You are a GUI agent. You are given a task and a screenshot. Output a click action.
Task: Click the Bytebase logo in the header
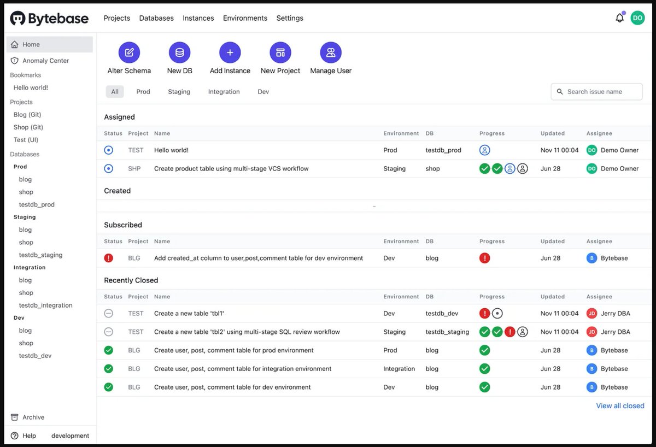(49, 19)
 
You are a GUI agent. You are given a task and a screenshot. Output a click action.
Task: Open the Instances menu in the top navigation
(198, 18)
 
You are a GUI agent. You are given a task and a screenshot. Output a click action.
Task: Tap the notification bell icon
(619, 18)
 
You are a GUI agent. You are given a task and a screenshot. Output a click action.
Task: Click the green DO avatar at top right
(637, 18)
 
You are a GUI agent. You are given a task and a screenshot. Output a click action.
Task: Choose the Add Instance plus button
(230, 52)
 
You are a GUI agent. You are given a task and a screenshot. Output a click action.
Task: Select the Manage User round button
(330, 52)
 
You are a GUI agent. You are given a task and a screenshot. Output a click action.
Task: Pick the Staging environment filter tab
(179, 92)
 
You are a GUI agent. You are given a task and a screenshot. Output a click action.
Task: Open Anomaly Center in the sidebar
(45, 61)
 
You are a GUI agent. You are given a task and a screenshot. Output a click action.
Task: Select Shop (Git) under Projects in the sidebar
(28, 127)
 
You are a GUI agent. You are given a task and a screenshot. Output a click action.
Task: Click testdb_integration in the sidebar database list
(45, 305)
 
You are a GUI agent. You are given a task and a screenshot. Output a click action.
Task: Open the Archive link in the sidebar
(33, 417)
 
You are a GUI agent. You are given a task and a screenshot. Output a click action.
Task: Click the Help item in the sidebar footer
(29, 436)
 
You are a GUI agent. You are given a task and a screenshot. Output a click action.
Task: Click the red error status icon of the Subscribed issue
(108, 258)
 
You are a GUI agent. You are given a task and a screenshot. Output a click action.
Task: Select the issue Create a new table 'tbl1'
(189, 314)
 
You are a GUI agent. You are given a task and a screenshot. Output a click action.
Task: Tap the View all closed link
(620, 406)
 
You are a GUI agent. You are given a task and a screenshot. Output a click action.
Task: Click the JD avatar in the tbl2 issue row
(591, 332)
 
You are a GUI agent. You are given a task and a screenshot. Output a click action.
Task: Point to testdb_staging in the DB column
(447, 332)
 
